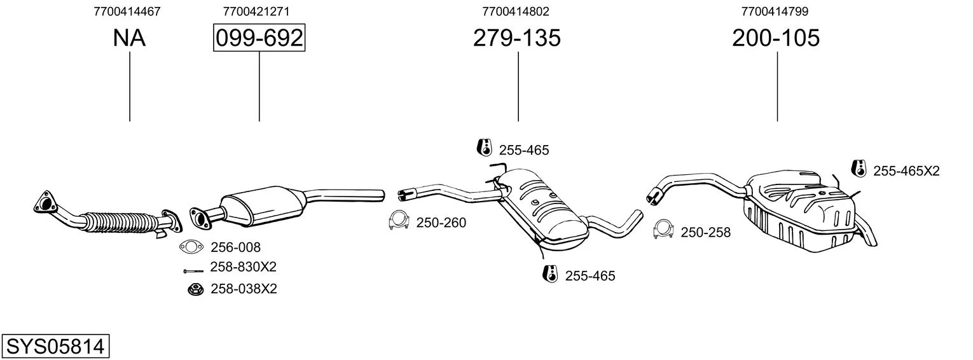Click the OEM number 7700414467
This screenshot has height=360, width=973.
(127, 11)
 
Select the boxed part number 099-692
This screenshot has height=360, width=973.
(259, 38)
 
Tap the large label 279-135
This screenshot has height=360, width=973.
(517, 38)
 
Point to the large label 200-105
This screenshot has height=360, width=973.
(776, 38)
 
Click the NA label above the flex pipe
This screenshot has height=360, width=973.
(129, 38)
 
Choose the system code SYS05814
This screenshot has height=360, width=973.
(55, 347)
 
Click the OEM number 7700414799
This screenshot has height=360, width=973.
(775, 11)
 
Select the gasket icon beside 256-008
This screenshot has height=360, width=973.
(191, 247)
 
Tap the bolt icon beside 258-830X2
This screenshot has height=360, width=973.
(193, 272)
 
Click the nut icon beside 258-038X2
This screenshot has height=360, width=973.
(196, 289)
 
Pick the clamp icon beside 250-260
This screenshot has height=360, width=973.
(399, 220)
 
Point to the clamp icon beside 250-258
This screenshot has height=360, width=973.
(663, 229)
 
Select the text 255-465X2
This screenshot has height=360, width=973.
(906, 171)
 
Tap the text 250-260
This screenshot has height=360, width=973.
(441, 223)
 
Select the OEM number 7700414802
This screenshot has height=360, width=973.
(516, 11)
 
